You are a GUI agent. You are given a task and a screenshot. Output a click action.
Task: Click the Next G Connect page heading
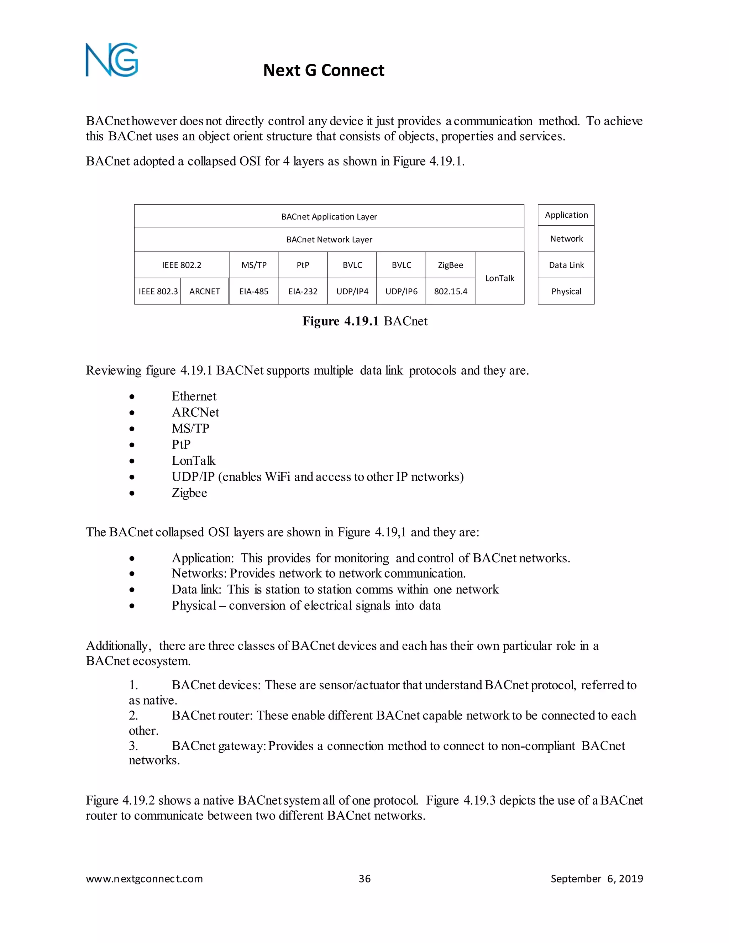[x=324, y=70]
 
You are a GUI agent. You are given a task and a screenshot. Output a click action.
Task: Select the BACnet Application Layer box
[x=329, y=216]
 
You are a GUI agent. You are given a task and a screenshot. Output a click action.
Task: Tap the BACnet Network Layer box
[x=329, y=239]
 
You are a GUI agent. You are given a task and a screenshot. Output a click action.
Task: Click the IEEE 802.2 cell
[x=182, y=265]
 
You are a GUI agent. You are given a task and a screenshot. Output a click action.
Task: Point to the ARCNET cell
[x=204, y=291]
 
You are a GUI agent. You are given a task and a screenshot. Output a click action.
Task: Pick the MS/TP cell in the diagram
[x=253, y=265]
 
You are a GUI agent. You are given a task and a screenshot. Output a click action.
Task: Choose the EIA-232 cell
[x=303, y=291]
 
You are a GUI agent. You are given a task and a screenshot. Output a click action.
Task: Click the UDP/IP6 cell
[x=401, y=291]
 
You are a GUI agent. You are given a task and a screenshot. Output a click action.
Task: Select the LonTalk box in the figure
[x=500, y=278]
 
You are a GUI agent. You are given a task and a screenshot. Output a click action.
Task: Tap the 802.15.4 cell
[x=450, y=291]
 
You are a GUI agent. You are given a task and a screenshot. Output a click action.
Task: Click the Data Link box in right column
[x=566, y=265]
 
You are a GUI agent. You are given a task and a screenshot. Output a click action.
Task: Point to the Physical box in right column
[x=566, y=291]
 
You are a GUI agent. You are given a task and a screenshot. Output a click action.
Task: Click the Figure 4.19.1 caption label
[x=340, y=321]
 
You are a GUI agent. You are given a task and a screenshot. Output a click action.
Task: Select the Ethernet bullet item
[x=194, y=396]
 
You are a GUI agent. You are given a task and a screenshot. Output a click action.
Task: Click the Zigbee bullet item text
[x=189, y=493]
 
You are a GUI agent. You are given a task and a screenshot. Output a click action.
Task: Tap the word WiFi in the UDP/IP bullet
[x=277, y=477]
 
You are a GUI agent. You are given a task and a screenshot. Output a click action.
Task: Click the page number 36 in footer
[x=364, y=879]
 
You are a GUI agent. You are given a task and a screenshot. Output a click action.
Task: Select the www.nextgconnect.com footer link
[x=144, y=879]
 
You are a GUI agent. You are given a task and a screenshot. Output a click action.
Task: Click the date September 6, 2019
[x=597, y=879]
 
